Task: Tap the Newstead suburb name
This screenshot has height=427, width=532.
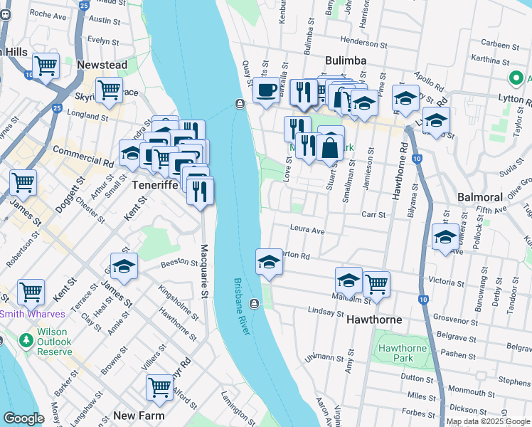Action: coord(102,65)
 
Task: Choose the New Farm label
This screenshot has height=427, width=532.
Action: coord(139,416)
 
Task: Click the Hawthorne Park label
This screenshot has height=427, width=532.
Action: coord(402,353)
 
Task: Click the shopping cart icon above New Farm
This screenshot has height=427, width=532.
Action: coord(160,387)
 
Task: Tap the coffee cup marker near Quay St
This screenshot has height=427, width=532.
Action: coord(266,90)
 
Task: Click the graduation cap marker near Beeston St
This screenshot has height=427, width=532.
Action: coord(124,266)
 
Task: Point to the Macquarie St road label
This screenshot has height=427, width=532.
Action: coord(204,271)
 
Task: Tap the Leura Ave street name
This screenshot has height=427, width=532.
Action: coord(307,231)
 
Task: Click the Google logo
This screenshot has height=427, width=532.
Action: coord(23,418)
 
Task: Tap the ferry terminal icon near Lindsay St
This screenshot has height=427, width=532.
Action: coord(254,304)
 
